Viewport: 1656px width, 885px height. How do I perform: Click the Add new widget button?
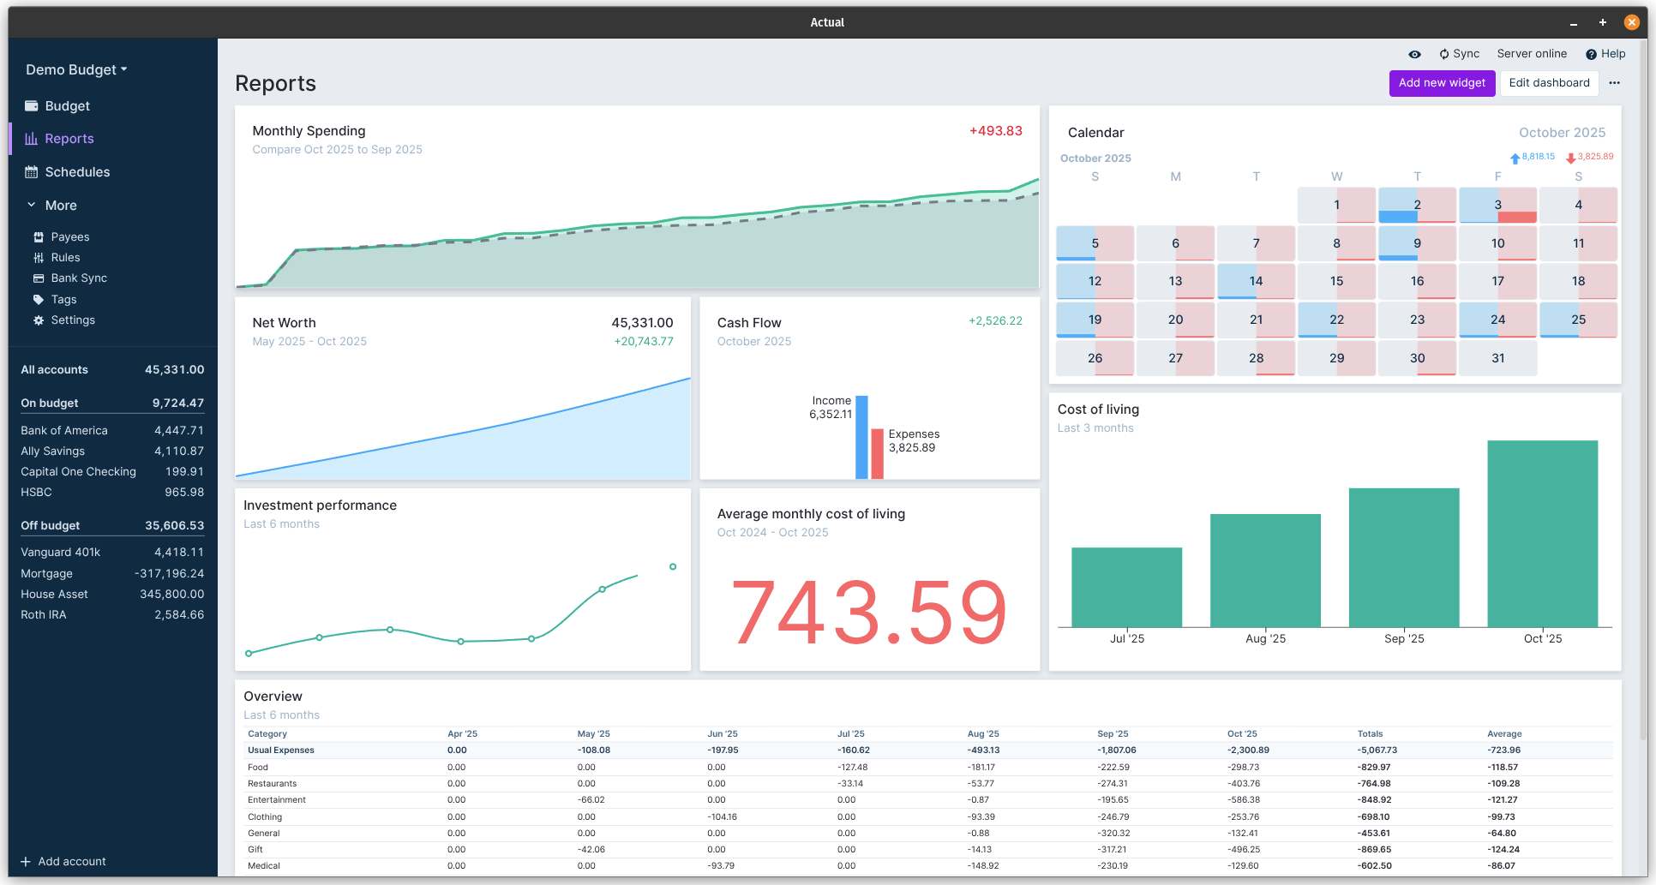coord(1442,83)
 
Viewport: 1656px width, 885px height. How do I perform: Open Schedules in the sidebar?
coord(77,172)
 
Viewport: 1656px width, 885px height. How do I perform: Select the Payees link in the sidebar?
coord(69,237)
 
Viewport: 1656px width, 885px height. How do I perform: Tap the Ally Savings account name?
coord(52,451)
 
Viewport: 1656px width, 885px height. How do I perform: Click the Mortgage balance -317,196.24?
coord(169,574)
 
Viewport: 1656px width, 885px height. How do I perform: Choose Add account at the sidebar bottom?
coord(71,862)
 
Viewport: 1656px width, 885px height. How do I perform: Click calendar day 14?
coord(1256,282)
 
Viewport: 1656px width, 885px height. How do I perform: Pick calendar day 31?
coord(1497,358)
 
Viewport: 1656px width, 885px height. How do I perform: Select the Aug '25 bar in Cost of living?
coord(1265,571)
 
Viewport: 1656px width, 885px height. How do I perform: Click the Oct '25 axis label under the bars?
coord(1542,639)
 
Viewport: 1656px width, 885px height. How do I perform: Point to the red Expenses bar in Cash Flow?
coord(877,453)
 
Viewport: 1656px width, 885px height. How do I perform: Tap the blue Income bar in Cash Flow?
coord(861,437)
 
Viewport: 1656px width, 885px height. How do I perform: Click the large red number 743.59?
coord(868,613)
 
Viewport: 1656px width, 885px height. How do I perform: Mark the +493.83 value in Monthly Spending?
coord(995,131)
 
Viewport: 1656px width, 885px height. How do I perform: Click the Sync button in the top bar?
coord(1460,54)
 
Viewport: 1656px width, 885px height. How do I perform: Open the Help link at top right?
coord(1605,54)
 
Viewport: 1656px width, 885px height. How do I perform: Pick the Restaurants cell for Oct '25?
coord(1243,784)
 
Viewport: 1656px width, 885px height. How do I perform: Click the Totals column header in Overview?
coord(1370,734)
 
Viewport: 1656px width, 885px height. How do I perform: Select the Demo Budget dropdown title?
coord(76,70)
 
